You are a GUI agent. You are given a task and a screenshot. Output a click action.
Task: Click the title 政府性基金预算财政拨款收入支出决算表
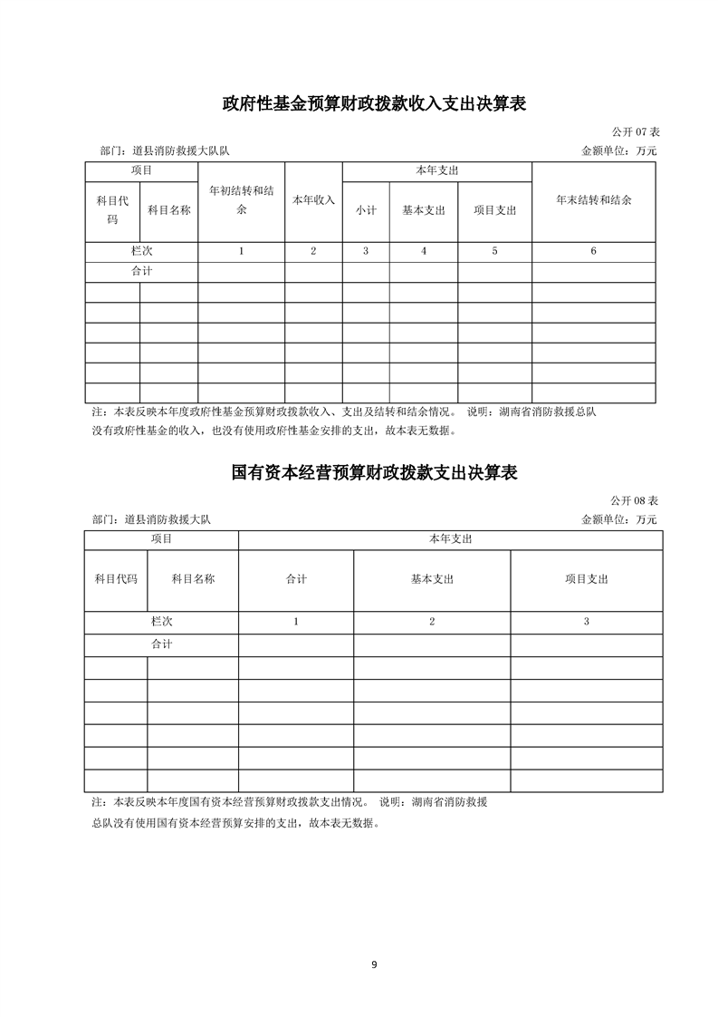click(375, 104)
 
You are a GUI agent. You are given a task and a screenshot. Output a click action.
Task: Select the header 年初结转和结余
click(241, 200)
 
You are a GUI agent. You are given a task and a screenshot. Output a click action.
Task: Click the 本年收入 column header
click(313, 200)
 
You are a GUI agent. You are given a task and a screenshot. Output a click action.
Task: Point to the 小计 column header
click(366, 210)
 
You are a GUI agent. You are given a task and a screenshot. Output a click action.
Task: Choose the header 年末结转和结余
click(593, 200)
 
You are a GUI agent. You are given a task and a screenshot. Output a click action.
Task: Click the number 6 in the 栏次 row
click(593, 251)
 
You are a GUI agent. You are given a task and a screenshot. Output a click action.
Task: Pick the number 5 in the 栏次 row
click(494, 251)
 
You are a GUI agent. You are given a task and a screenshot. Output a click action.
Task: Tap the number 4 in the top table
click(424, 251)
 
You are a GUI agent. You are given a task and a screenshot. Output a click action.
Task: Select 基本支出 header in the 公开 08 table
click(432, 578)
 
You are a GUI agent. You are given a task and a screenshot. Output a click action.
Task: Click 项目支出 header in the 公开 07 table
click(494, 210)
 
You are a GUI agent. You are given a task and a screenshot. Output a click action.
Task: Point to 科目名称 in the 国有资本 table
click(193, 578)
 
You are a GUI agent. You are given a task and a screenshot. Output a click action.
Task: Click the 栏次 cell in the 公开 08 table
click(161, 621)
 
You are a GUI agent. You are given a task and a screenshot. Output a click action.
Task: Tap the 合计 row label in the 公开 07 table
click(141, 271)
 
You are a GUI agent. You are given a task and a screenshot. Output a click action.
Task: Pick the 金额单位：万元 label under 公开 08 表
click(619, 519)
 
